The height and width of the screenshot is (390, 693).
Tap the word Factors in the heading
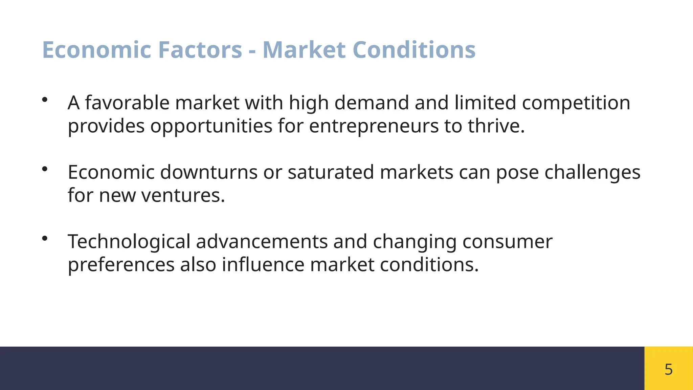[x=200, y=50]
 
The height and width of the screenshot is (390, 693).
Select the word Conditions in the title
[x=414, y=50]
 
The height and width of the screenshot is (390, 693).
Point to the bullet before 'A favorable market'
[x=45, y=100]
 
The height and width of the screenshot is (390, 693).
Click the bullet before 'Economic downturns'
[x=45, y=169]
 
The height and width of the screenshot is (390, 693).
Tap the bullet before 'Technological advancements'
[x=45, y=238]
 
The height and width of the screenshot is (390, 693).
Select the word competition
[x=576, y=103]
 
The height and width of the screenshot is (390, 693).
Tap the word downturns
[x=209, y=172]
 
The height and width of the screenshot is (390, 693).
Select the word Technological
[x=129, y=242]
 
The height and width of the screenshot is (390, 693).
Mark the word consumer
[x=507, y=242]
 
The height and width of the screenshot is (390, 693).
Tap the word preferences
[x=121, y=265]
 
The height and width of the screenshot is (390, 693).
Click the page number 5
[x=668, y=369]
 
